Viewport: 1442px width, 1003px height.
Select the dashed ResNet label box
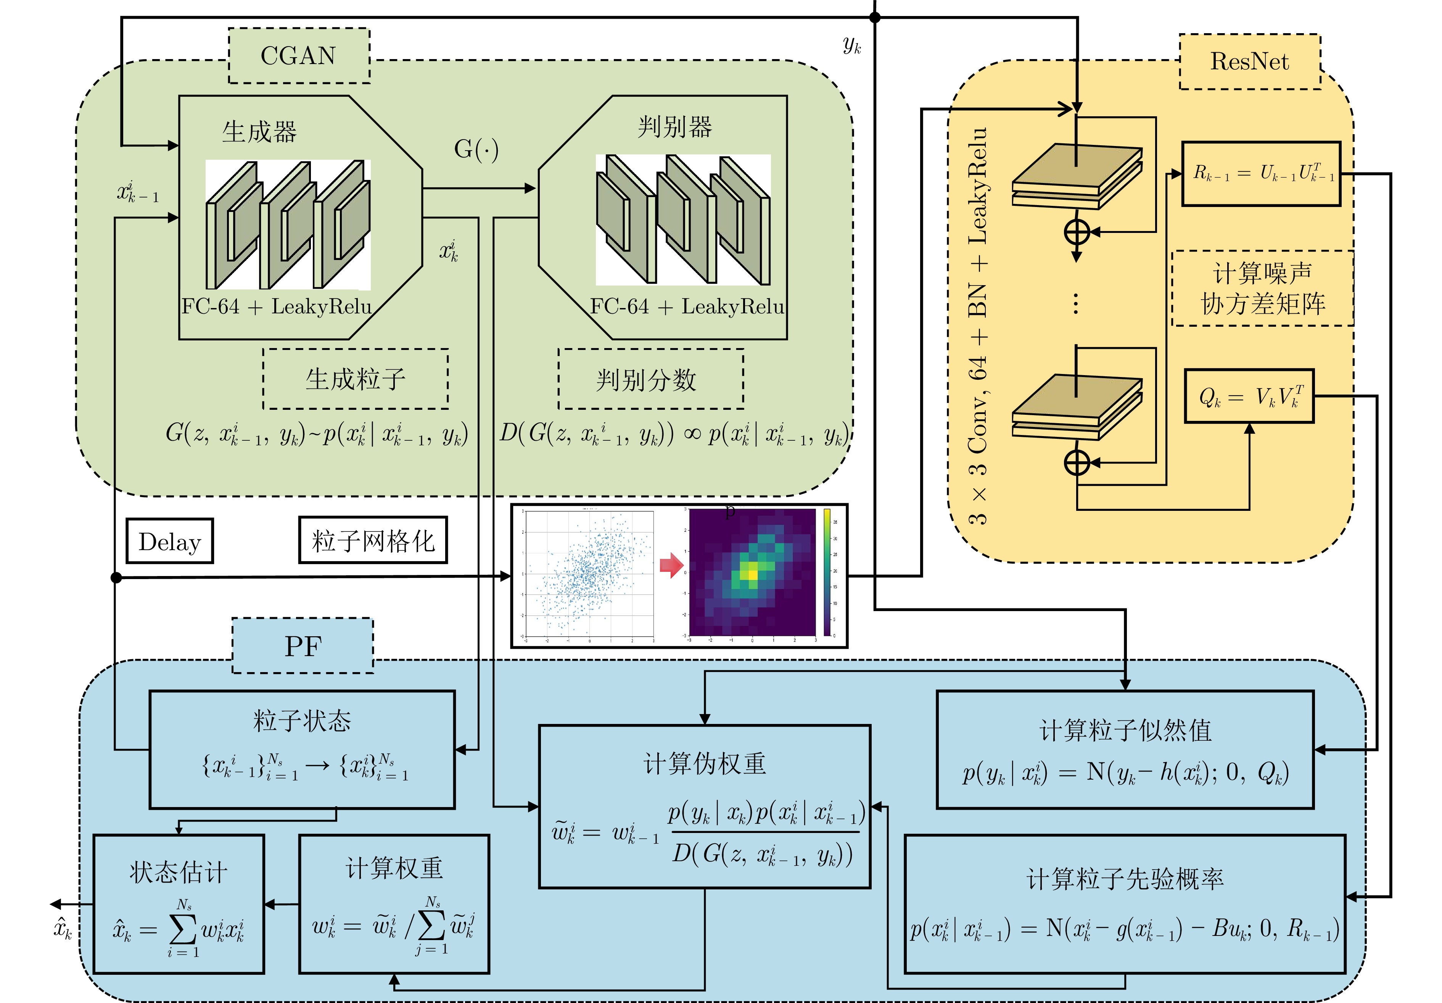tap(1249, 61)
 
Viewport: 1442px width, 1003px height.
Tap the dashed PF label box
tap(303, 646)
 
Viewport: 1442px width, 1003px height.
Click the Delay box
tap(170, 541)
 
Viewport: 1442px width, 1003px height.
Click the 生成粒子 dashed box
tap(356, 379)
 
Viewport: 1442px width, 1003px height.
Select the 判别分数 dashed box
tap(651, 379)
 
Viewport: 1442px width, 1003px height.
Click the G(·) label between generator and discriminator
tap(476, 149)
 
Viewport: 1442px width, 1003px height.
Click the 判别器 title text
tap(675, 127)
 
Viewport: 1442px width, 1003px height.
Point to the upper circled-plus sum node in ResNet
tap(1077, 232)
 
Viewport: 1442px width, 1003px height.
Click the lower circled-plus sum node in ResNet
tap(1077, 463)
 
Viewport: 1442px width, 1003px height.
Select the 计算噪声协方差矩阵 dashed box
tap(1262, 289)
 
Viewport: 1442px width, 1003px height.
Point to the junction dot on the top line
tap(875, 18)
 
